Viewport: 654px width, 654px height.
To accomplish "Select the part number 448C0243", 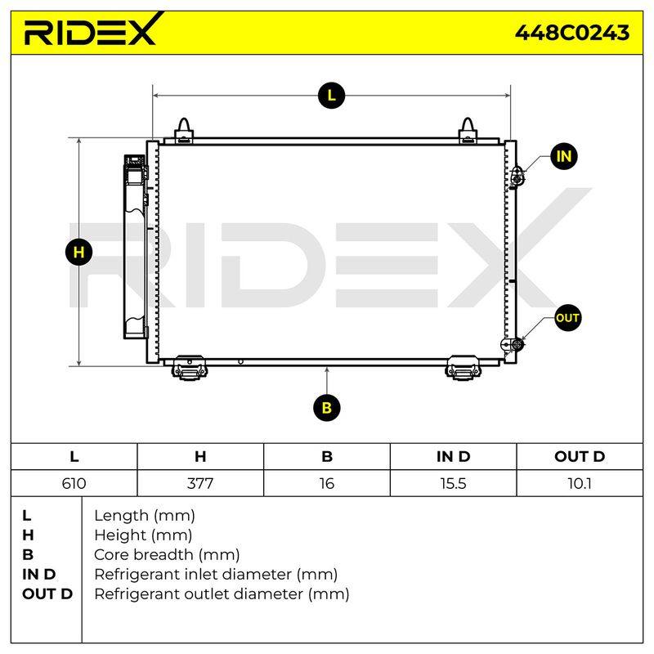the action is (571, 33).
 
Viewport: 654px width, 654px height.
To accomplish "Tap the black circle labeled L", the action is (331, 96).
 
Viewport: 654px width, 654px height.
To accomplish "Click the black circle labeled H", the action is (78, 252).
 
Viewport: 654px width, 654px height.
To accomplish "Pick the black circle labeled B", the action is (326, 407).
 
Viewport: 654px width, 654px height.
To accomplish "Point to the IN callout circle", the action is (564, 156).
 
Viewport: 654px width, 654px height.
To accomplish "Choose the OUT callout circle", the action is (567, 318).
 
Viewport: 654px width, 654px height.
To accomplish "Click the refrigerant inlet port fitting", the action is (517, 177).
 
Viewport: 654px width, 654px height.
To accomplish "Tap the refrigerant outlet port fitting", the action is (513, 344).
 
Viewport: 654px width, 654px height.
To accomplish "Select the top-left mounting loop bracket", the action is (183, 131).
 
